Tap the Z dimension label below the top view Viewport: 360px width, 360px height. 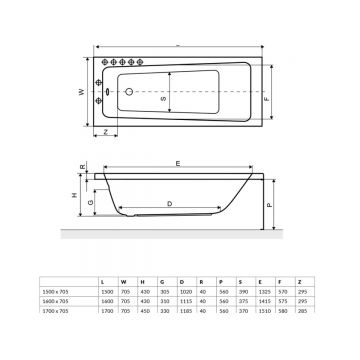click(105, 133)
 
